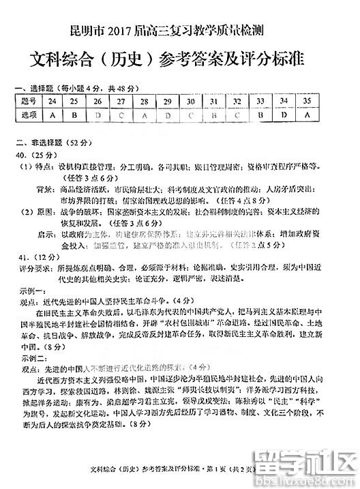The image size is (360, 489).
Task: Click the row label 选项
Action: (x=27, y=115)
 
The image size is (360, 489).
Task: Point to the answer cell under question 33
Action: (x=260, y=115)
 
